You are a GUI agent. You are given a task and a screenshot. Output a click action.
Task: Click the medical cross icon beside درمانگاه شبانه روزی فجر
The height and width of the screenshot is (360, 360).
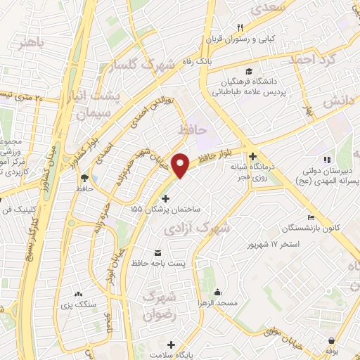click(x=252, y=156)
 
